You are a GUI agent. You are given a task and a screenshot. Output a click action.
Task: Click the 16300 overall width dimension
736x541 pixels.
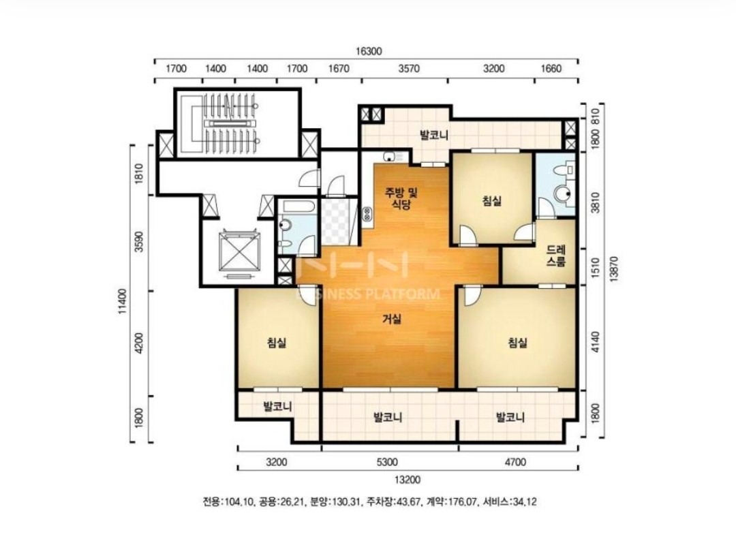tap(369, 51)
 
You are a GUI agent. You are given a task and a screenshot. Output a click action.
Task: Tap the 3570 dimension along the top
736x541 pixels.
tap(409, 69)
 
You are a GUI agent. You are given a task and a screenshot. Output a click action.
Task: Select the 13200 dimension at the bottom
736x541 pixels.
tap(407, 480)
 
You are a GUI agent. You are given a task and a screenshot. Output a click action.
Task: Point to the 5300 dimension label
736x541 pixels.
tap(387, 462)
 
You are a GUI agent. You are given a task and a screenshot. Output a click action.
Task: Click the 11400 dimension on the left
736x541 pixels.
tap(123, 300)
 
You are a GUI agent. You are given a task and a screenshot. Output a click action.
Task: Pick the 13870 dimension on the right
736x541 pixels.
tap(613, 269)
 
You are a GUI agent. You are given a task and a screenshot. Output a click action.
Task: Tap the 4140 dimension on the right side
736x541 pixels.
tap(595, 342)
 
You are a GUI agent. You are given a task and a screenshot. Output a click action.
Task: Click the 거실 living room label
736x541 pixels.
tap(391, 320)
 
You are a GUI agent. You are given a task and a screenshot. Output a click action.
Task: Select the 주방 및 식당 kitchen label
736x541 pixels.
tap(401, 198)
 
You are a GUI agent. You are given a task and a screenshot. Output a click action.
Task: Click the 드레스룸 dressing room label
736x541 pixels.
tap(556, 256)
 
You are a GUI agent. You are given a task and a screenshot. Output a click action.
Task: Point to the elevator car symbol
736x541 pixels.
tap(240, 254)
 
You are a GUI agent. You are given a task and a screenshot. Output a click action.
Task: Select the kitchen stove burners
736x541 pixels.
tap(367, 215)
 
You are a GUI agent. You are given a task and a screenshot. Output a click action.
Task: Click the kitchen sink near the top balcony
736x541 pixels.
tap(393, 156)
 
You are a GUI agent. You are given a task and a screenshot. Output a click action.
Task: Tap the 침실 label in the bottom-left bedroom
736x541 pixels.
tap(277, 343)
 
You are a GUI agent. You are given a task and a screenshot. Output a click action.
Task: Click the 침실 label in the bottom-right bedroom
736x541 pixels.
tap(517, 343)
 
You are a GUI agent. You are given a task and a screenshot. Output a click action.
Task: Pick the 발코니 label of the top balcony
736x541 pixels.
tap(433, 136)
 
